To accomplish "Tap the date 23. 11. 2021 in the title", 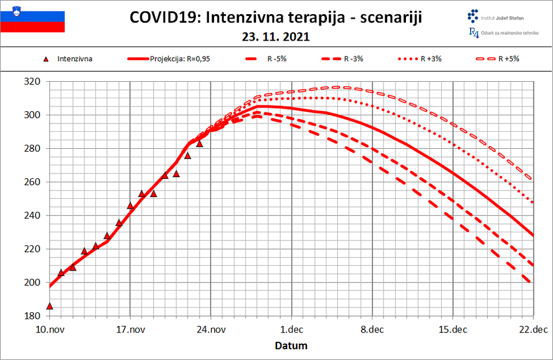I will [x=275, y=37].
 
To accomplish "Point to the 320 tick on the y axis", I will [x=32, y=82].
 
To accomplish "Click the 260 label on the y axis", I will [x=32, y=182].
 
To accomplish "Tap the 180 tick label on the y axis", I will [x=32, y=316].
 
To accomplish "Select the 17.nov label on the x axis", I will [x=129, y=329].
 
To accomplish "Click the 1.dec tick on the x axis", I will [x=291, y=329].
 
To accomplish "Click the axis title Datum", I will [x=291, y=345].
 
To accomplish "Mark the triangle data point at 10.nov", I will [x=49, y=306].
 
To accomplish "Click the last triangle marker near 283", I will [x=199, y=144].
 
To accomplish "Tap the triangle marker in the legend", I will [x=46, y=59].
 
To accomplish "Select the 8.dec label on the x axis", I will [x=372, y=329].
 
